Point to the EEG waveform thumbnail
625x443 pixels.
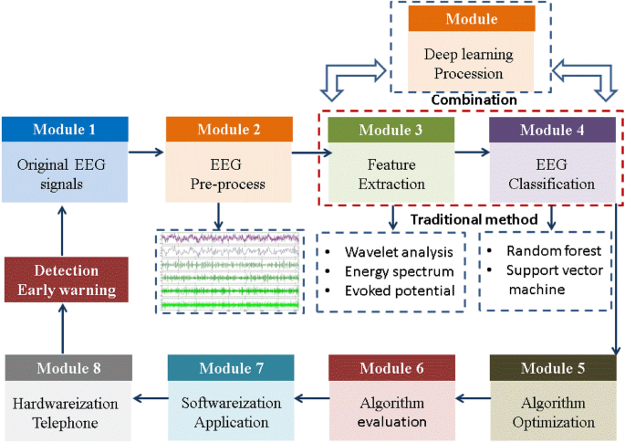(x=229, y=271)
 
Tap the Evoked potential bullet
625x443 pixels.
(x=399, y=290)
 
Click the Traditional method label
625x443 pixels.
(x=473, y=220)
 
